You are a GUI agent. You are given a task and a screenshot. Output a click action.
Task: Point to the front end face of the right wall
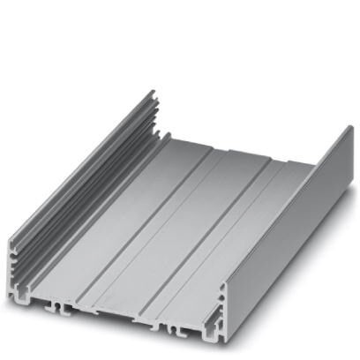(221, 304)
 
